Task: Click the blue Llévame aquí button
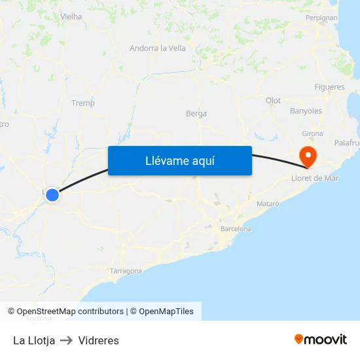179,160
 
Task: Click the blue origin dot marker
52,194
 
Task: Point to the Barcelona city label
236,229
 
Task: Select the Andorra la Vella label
157,48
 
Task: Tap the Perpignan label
321,18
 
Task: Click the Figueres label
329,87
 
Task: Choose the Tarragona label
126,270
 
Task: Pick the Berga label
196,113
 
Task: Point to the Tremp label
83,103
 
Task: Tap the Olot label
273,100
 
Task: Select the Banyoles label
306,111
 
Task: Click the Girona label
312,134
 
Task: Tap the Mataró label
268,204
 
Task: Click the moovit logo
321,339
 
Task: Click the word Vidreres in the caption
98,340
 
